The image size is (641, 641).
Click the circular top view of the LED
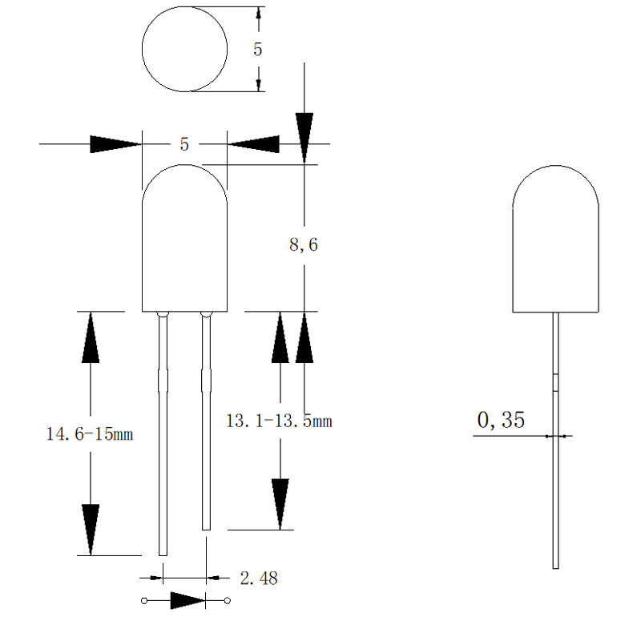(x=184, y=50)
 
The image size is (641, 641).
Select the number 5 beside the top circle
(x=257, y=50)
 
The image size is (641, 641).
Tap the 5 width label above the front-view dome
(x=184, y=145)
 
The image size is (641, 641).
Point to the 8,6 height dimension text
(x=304, y=246)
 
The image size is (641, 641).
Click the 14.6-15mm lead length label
(x=90, y=435)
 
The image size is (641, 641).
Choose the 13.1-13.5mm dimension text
(x=279, y=421)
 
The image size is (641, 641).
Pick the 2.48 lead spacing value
(x=259, y=578)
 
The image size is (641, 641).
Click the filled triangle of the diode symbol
(x=186, y=600)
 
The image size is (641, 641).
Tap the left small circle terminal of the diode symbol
(x=144, y=600)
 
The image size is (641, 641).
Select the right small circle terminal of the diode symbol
(x=228, y=600)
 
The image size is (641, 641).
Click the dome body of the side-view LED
(x=556, y=240)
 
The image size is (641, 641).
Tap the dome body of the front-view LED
(x=184, y=240)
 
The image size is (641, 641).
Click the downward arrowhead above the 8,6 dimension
(x=304, y=132)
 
